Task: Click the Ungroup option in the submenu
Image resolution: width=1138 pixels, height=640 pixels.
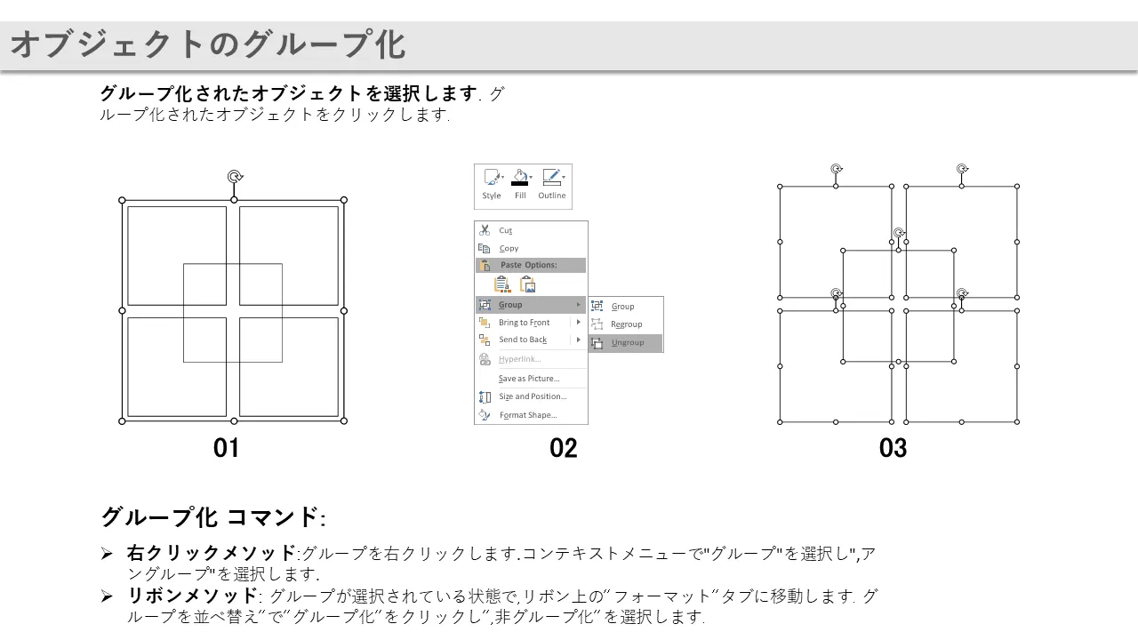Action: click(627, 343)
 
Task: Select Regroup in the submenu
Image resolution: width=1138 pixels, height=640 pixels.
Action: click(626, 324)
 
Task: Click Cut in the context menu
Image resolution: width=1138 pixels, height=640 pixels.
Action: click(505, 230)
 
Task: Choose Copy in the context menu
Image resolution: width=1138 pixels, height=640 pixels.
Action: click(509, 248)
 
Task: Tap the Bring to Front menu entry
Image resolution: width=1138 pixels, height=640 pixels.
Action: click(524, 323)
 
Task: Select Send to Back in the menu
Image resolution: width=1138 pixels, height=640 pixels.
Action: click(523, 340)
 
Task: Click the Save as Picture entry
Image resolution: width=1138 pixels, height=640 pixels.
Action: click(529, 379)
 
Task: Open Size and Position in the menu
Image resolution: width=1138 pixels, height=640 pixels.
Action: click(533, 396)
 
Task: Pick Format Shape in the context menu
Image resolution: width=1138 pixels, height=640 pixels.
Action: click(528, 415)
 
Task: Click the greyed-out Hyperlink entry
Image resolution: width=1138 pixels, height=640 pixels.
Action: click(520, 359)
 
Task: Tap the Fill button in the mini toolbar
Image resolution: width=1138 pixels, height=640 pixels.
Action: click(520, 184)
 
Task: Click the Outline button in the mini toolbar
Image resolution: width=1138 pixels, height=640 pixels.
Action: click(552, 184)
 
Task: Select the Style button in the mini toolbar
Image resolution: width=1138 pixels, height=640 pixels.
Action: click(492, 184)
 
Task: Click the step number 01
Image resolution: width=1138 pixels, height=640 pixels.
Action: click(226, 448)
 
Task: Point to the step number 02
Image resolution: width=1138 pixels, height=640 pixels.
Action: click(564, 448)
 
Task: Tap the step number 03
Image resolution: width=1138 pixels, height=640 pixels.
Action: click(894, 448)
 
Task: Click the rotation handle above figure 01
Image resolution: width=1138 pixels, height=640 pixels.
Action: click(235, 177)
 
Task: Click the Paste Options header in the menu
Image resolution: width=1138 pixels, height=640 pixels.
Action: click(528, 265)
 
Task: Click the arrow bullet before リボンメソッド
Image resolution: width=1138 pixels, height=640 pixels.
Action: click(107, 596)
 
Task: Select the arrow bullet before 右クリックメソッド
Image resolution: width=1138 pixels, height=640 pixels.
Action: click(107, 554)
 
